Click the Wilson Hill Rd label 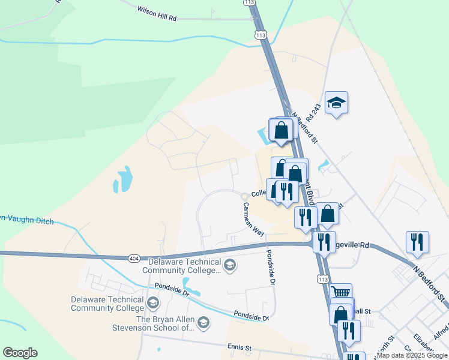(156, 14)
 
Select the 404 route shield (133, 258)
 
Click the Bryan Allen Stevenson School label (153, 323)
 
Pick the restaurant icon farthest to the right (417, 241)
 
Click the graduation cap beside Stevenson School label (203, 324)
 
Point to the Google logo (20, 353)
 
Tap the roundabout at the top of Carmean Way (245, 196)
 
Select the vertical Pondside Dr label (271, 267)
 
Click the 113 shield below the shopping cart (324, 280)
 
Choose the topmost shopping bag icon (281, 129)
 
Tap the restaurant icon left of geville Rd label (324, 242)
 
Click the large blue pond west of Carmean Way (123, 179)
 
